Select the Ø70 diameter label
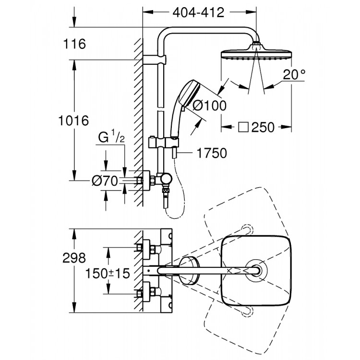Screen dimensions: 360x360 105,181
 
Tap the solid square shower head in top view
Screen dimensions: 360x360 256,271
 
